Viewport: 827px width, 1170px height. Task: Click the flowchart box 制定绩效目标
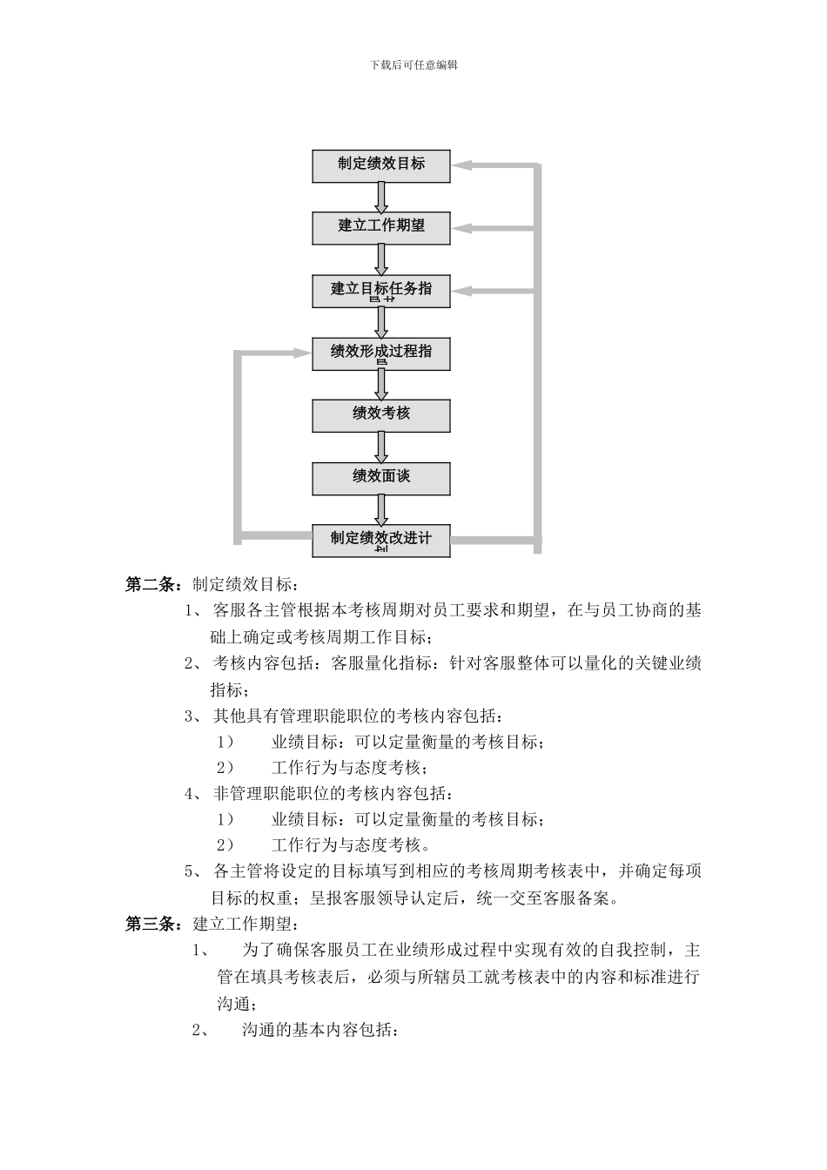[381, 165]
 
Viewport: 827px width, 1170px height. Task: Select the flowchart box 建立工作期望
[381, 227]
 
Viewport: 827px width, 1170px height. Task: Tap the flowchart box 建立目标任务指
[381, 291]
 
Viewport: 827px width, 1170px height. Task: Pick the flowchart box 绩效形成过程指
[381, 353]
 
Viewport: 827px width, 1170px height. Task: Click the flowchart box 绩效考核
[381, 415]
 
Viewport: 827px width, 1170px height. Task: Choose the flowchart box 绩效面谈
[381, 478]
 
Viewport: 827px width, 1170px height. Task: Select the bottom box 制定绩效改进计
[381, 540]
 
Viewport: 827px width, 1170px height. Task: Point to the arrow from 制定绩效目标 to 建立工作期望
[381, 197]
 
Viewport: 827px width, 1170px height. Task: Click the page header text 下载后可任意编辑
[413, 64]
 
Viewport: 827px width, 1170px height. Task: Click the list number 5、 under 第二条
[193, 871]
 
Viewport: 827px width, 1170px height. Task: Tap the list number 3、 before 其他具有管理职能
[193, 716]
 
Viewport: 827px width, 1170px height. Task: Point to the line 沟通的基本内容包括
[320, 1031]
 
